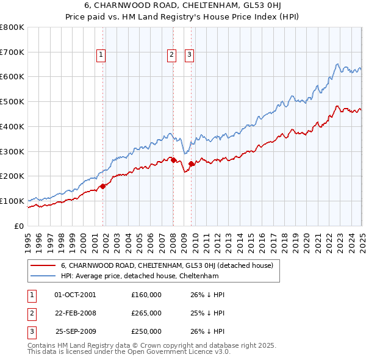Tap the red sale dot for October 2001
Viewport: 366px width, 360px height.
(x=102, y=186)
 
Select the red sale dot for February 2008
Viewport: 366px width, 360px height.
(x=173, y=160)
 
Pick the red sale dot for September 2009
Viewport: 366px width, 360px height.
(x=191, y=164)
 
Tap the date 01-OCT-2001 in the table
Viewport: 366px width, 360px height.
(x=75, y=295)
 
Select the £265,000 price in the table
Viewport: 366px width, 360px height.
(x=146, y=313)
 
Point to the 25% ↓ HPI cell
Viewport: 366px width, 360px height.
(x=204, y=313)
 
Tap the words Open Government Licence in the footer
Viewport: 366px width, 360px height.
(x=173, y=352)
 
